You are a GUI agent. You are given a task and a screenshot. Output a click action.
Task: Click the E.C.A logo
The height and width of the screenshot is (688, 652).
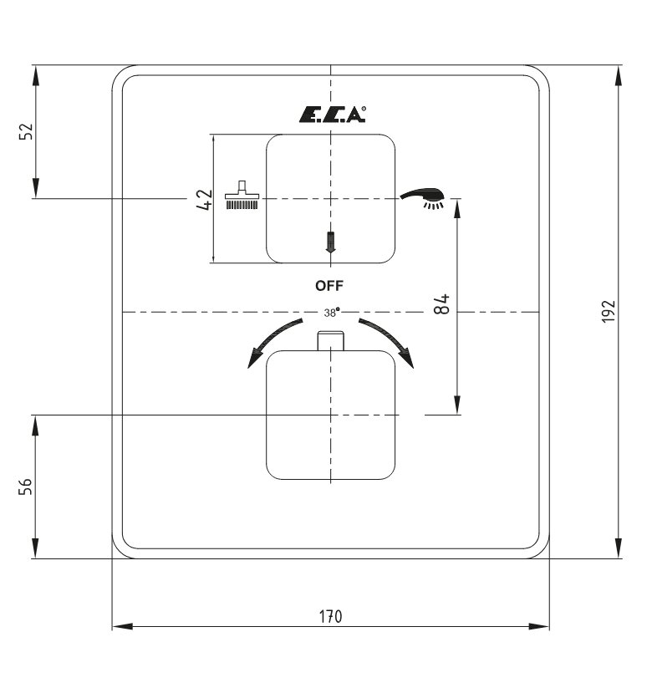point(332,115)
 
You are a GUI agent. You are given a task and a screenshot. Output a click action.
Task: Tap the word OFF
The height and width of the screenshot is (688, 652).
point(329,286)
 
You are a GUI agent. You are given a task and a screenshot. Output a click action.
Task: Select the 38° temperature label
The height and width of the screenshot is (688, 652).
point(332,313)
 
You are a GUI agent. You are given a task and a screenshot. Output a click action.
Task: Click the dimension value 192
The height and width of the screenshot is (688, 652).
point(609,312)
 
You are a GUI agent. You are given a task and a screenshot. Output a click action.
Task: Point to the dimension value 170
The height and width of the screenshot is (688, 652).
point(330,616)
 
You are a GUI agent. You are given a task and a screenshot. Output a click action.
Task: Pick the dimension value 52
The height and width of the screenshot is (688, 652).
point(26,131)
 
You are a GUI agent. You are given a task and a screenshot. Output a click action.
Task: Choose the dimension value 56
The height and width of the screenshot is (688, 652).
point(26,487)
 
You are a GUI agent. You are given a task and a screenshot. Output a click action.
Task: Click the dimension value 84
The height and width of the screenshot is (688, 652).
point(442,304)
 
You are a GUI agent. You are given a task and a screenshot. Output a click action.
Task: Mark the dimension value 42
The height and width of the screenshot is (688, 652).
point(205,200)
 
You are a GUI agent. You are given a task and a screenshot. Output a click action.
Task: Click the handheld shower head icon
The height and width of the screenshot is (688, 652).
point(423,198)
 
